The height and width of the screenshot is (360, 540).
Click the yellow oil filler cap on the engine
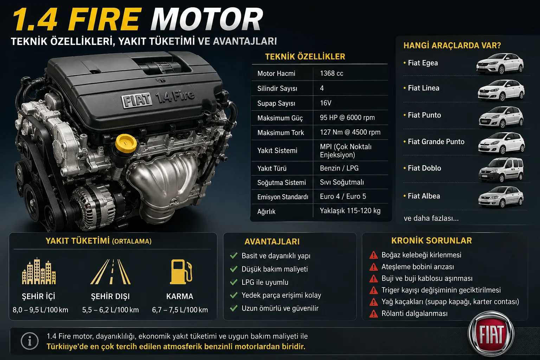[x=126, y=142]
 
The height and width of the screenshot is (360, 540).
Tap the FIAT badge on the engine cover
[x=137, y=100]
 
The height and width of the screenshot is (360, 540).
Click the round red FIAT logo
[x=491, y=334]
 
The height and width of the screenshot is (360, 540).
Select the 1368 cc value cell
[x=332, y=73]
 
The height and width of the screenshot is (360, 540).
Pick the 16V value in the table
[x=326, y=103]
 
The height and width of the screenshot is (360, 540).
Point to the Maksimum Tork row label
[x=281, y=133]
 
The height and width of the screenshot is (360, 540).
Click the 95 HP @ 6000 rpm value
[x=347, y=117]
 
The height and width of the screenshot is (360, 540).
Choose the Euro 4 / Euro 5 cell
[x=343, y=196]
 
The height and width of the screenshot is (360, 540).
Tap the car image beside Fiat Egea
[x=500, y=64]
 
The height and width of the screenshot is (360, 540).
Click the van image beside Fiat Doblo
[x=501, y=170]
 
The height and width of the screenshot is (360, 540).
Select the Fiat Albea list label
[x=424, y=196]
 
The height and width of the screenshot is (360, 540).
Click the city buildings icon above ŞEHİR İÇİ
[x=39, y=271]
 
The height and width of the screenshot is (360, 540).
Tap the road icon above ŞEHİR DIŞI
[x=110, y=272]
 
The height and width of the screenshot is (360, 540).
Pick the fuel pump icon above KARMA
[x=181, y=272]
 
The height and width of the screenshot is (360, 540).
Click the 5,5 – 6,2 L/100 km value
[x=110, y=310]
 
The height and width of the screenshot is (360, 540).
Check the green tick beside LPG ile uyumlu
[x=233, y=282]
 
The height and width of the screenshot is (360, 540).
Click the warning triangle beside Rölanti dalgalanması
[x=373, y=314]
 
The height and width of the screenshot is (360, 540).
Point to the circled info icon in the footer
[x=30, y=341]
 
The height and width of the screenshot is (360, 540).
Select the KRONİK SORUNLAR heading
[x=431, y=240]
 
